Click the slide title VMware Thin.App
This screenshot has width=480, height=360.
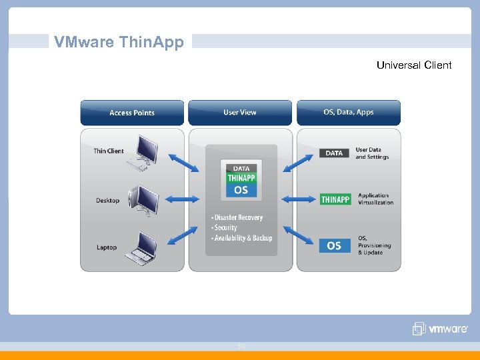click(x=119, y=42)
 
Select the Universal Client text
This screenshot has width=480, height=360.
click(x=413, y=65)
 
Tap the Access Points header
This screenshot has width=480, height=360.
click(x=132, y=113)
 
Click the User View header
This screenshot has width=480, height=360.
click(x=240, y=113)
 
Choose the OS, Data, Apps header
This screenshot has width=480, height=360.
click(x=349, y=113)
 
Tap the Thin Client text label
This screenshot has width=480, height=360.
click(x=109, y=151)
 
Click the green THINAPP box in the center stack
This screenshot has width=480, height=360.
click(x=241, y=178)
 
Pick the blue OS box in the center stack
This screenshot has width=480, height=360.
click(x=241, y=190)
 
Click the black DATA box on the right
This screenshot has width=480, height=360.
click(x=335, y=153)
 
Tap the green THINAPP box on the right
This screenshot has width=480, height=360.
click(x=335, y=199)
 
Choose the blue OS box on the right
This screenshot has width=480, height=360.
click(x=335, y=245)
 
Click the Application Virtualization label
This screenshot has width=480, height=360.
click(x=376, y=199)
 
